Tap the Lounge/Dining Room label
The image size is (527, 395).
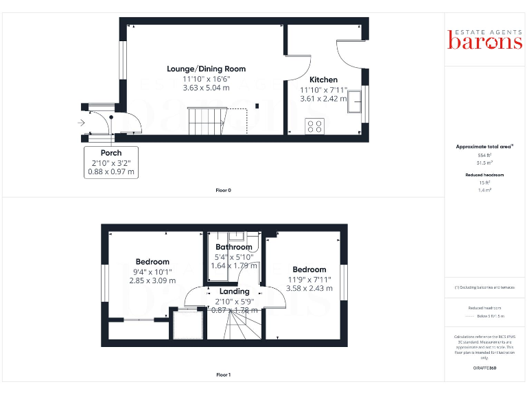pyautogui.click(x=206, y=69)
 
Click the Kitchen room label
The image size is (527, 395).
pyautogui.click(x=323, y=80)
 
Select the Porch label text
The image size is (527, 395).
pyautogui.click(x=111, y=153)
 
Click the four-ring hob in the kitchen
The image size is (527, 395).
pyautogui.click(x=315, y=126)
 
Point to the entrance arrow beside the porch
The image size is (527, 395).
pyautogui.click(x=82, y=123)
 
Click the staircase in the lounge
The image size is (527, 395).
pyautogui.click(x=207, y=121)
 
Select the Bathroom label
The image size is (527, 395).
pyautogui.click(x=234, y=247)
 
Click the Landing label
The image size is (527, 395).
pyautogui.click(x=234, y=291)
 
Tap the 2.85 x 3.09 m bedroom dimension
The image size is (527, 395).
pyautogui.click(x=152, y=280)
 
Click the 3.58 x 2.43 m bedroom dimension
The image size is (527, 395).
pyautogui.click(x=309, y=288)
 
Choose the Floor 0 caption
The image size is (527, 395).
pyautogui.click(x=223, y=190)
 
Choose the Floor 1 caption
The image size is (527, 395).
pyautogui.click(x=223, y=375)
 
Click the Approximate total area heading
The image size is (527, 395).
pyautogui.click(x=484, y=147)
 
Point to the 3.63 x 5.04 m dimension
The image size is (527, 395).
pyautogui.click(x=206, y=88)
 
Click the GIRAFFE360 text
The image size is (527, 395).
pyautogui.click(x=484, y=369)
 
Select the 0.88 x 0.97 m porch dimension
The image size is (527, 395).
pyautogui.click(x=111, y=172)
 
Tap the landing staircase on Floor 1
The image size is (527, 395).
pyautogui.click(x=235, y=326)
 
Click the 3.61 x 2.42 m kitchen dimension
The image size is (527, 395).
pyautogui.click(x=323, y=99)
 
